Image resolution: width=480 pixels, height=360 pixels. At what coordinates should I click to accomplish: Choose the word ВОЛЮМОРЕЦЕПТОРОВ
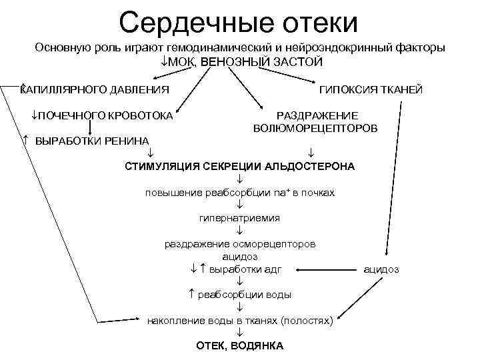[315, 127]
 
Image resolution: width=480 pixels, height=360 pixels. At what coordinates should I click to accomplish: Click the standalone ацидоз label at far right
[381, 269]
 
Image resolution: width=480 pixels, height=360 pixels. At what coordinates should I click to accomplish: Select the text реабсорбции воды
[244, 295]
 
